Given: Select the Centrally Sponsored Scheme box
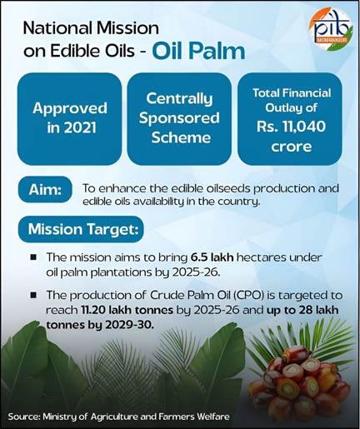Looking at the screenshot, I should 179,118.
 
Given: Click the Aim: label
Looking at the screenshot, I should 42,190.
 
